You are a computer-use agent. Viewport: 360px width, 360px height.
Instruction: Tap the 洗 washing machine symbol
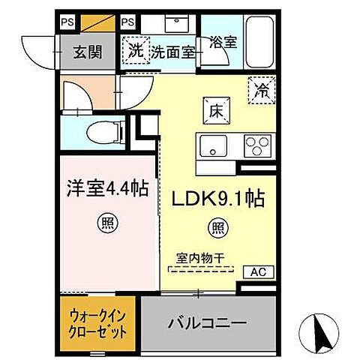click(135, 52)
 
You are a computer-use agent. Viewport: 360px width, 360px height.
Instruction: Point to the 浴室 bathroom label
click(223, 43)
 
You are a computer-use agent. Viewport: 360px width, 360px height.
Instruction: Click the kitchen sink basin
click(214, 146)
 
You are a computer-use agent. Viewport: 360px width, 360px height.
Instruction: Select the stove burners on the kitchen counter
click(256, 145)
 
